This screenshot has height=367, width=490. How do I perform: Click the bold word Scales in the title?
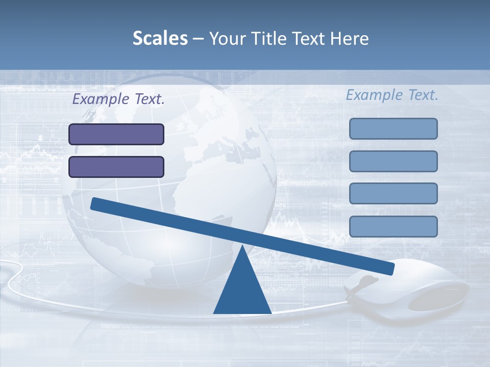(x=160, y=39)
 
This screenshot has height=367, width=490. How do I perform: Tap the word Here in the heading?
(x=350, y=39)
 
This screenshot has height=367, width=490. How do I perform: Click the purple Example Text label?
(x=118, y=99)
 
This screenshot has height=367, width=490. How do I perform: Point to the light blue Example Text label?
(x=392, y=95)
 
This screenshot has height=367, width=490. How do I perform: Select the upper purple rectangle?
(x=116, y=134)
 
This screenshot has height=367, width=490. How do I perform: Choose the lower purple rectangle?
(x=116, y=167)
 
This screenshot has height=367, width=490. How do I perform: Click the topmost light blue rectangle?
(x=393, y=128)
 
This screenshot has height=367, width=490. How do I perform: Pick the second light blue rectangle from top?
(x=393, y=161)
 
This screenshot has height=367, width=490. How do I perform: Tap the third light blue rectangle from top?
(x=393, y=193)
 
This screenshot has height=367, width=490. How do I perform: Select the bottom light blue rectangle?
(x=393, y=226)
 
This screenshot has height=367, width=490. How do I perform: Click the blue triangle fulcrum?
(x=242, y=291)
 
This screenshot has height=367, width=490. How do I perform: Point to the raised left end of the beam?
(x=95, y=204)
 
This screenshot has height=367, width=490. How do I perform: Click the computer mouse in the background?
(x=429, y=291)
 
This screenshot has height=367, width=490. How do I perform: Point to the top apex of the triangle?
(x=242, y=247)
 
